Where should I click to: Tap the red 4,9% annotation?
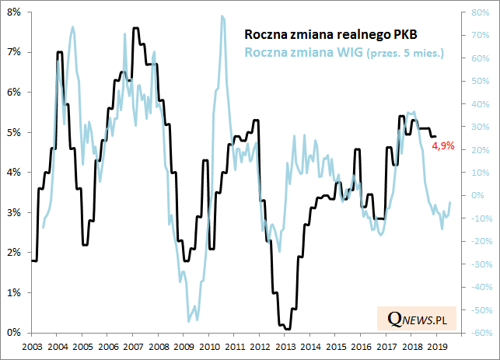tap(443, 145)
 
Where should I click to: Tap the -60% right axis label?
tap(478, 333)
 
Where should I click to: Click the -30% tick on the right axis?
tap(478, 264)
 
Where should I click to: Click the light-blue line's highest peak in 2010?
tap(222, 16)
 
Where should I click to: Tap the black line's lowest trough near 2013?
tap(286, 329)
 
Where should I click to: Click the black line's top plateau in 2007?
tap(135, 28)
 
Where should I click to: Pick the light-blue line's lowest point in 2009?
tap(189, 320)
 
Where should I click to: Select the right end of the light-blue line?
tap(449, 203)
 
